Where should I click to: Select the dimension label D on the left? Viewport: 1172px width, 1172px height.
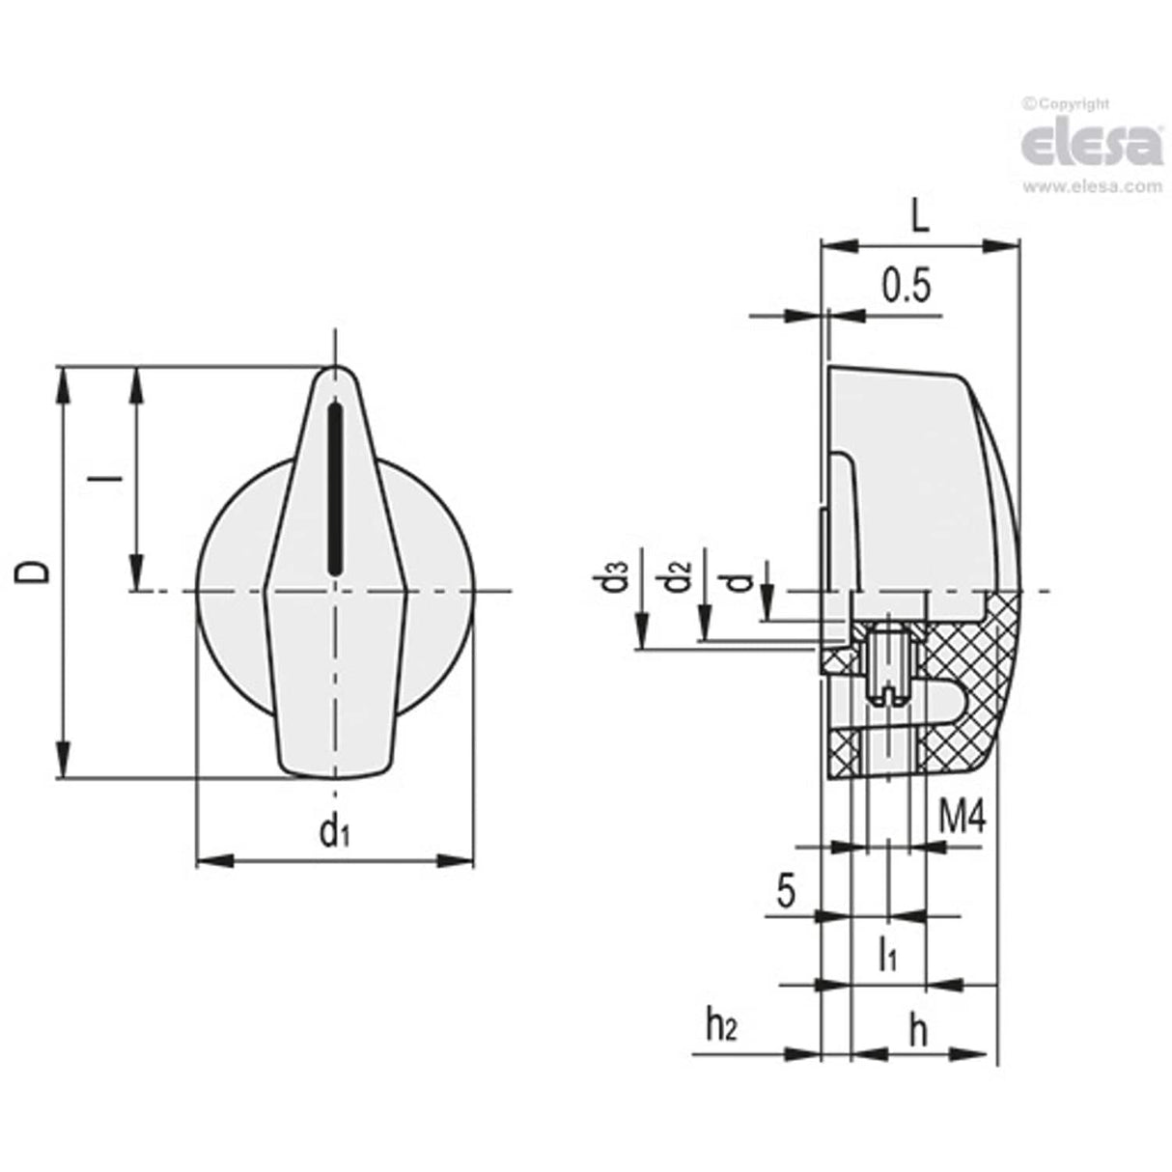pos(35,572)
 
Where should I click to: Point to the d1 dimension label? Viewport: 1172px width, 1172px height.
pos(333,829)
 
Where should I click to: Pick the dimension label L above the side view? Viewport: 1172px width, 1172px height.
pos(920,216)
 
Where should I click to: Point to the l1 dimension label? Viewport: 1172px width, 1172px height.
pos(888,955)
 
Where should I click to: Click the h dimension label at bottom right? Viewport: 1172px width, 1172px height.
pos(918,1030)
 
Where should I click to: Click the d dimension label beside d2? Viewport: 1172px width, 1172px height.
pos(738,580)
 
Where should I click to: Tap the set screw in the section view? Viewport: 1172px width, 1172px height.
pos(887,665)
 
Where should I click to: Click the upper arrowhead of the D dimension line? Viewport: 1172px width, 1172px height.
pos(64,382)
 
